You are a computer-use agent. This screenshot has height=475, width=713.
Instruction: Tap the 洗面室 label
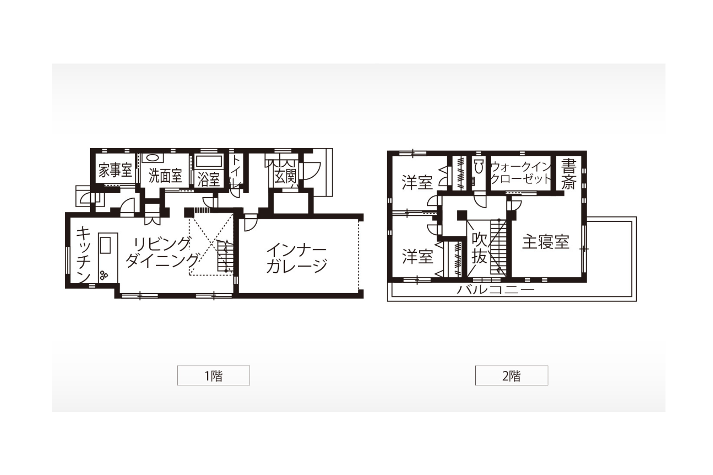(165, 176)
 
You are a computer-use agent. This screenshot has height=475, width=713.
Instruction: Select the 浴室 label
(208, 179)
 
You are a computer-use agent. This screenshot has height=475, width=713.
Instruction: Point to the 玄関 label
(285, 177)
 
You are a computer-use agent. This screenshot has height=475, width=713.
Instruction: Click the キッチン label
(83, 254)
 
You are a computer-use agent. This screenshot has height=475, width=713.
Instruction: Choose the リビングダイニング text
(162, 252)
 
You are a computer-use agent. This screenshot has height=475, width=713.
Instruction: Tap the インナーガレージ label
(297, 258)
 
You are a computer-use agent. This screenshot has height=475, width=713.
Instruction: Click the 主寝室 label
(546, 242)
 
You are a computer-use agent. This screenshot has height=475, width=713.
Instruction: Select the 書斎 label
(569, 174)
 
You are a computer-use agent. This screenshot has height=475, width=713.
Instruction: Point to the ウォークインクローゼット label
(521, 172)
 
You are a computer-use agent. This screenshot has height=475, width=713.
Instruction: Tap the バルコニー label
(495, 289)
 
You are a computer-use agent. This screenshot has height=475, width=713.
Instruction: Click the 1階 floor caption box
(214, 376)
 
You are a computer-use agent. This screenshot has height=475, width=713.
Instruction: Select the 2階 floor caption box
(511, 376)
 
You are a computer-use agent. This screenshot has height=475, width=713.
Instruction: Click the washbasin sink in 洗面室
(152, 158)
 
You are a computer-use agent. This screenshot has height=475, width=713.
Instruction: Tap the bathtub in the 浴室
(208, 161)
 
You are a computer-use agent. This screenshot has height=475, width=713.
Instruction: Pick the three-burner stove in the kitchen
(104, 275)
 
